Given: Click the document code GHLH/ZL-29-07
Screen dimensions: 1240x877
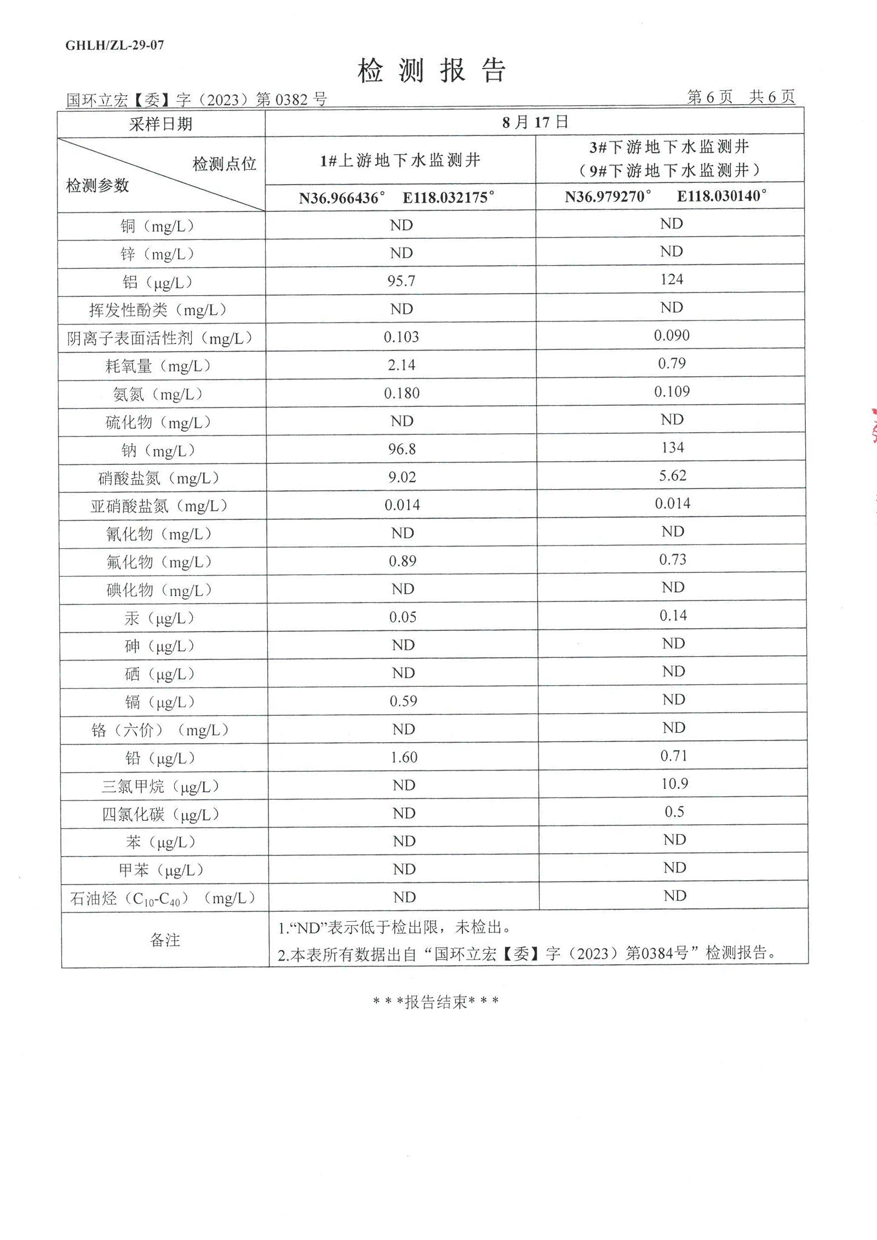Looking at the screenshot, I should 114,45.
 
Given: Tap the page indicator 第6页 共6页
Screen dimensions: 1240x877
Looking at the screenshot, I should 741,97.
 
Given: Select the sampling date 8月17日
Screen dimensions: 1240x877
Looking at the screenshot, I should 535,122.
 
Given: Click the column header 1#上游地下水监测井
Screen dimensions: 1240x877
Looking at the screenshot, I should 400,160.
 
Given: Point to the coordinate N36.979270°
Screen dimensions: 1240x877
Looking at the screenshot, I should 608,196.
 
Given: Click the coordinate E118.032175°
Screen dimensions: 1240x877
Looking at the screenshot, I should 448,198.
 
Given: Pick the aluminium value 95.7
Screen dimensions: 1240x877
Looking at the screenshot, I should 401,281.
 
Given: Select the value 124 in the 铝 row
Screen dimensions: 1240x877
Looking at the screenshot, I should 671,279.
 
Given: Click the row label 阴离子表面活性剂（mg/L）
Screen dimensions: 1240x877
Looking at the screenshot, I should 160,338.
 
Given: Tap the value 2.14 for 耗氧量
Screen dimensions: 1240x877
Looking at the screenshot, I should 402,365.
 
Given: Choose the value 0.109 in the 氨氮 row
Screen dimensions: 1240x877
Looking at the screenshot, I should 672,391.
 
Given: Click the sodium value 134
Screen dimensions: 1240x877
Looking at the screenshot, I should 672,447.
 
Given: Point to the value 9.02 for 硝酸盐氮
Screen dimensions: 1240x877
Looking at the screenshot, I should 402,477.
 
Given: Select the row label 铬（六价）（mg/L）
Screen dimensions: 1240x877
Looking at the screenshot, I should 160,730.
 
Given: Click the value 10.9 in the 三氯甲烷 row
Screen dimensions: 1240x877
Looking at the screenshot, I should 674,783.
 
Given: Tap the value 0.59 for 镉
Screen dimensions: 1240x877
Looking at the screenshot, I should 403,701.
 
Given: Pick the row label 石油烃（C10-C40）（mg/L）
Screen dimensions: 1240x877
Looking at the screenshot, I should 163,898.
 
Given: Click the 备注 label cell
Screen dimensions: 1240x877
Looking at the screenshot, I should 164,940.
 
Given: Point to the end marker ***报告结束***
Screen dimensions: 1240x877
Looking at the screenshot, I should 435,1002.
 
